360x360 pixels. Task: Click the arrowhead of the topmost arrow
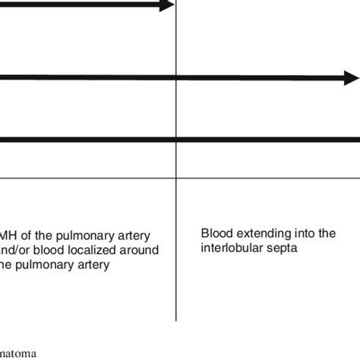[166, 6]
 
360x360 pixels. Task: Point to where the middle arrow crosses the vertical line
[176, 77]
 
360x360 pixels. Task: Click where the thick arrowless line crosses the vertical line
[176, 139]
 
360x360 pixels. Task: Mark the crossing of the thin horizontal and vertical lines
[176, 178]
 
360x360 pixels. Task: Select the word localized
[92, 251]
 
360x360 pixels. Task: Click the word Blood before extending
[216, 234]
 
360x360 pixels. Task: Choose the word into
[302, 234]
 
